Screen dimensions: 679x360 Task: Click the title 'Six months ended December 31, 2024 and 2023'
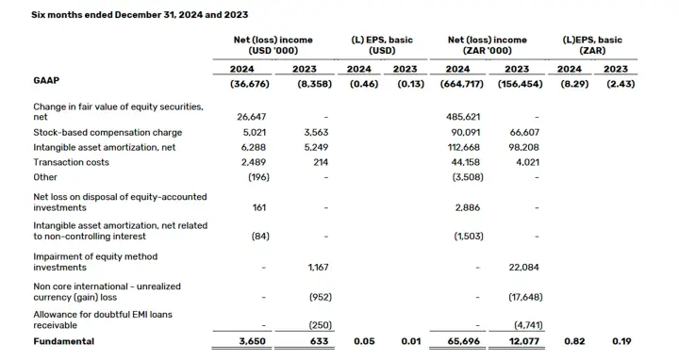140,15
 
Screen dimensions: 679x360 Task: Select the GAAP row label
46,80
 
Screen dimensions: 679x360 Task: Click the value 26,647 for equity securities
251,117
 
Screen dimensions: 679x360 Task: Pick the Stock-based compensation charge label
108,132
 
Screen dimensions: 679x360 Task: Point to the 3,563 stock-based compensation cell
316,132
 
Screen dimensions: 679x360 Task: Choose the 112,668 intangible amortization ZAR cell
463,148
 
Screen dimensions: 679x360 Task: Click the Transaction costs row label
71,162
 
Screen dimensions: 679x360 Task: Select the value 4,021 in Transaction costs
528,162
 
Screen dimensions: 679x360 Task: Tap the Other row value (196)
258,177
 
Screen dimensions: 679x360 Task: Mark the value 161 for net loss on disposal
259,207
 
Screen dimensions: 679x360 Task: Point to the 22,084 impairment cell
523,268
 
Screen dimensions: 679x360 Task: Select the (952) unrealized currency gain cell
321,297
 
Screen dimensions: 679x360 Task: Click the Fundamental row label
64,341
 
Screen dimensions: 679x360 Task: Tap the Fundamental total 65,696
463,341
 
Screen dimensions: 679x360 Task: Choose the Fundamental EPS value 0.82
574,341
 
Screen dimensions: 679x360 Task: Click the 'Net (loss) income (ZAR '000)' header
488,45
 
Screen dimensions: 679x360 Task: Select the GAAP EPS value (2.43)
621,84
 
